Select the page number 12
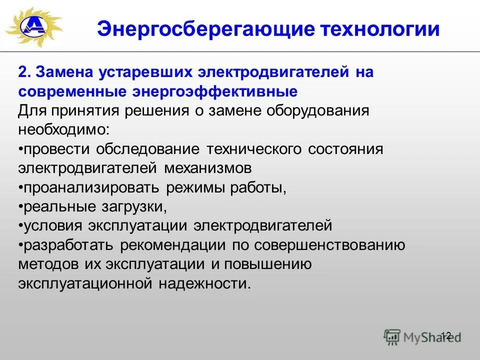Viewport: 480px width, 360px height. (446, 335)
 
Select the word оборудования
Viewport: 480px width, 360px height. (318, 111)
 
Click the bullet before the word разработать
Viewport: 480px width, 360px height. (21, 245)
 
